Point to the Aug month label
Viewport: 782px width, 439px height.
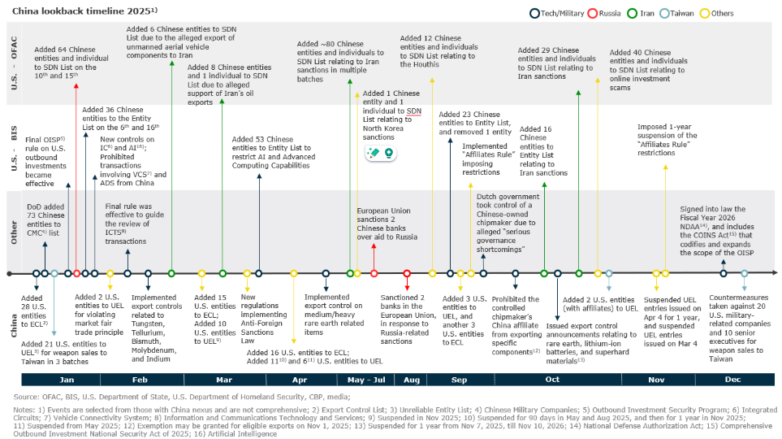coord(413,379)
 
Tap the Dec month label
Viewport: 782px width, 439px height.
coord(733,379)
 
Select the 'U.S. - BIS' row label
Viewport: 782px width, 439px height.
coord(14,147)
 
